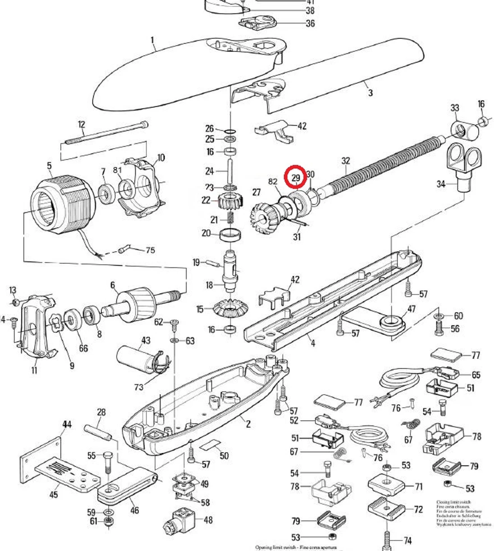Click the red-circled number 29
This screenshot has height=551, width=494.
point(296,178)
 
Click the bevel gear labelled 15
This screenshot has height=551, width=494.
point(231,310)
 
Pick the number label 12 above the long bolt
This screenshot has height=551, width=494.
point(81,124)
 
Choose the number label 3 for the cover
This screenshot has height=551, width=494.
point(370,93)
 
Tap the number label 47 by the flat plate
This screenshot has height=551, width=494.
point(411,309)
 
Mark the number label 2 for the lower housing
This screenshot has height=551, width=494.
point(248,424)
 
